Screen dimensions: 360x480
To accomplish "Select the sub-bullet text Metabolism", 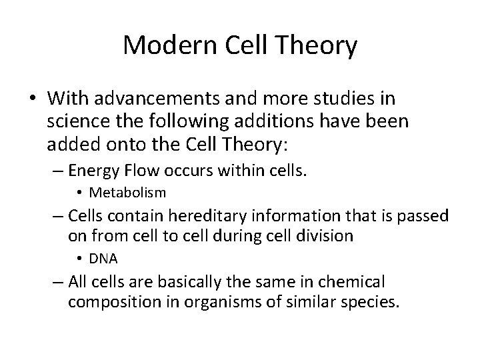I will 127,193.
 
